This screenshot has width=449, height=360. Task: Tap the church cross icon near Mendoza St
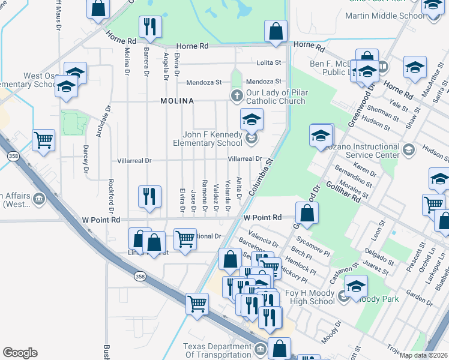[x=237, y=95]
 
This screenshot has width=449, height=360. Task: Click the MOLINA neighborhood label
[x=177, y=101]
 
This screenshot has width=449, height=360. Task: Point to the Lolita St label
[x=269, y=62]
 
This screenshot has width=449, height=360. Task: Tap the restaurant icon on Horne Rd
[x=149, y=27]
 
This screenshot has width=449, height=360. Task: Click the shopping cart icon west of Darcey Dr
[x=44, y=140]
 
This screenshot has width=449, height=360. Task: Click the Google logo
[x=20, y=353]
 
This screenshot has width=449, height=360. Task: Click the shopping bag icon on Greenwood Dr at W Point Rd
[x=307, y=214]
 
